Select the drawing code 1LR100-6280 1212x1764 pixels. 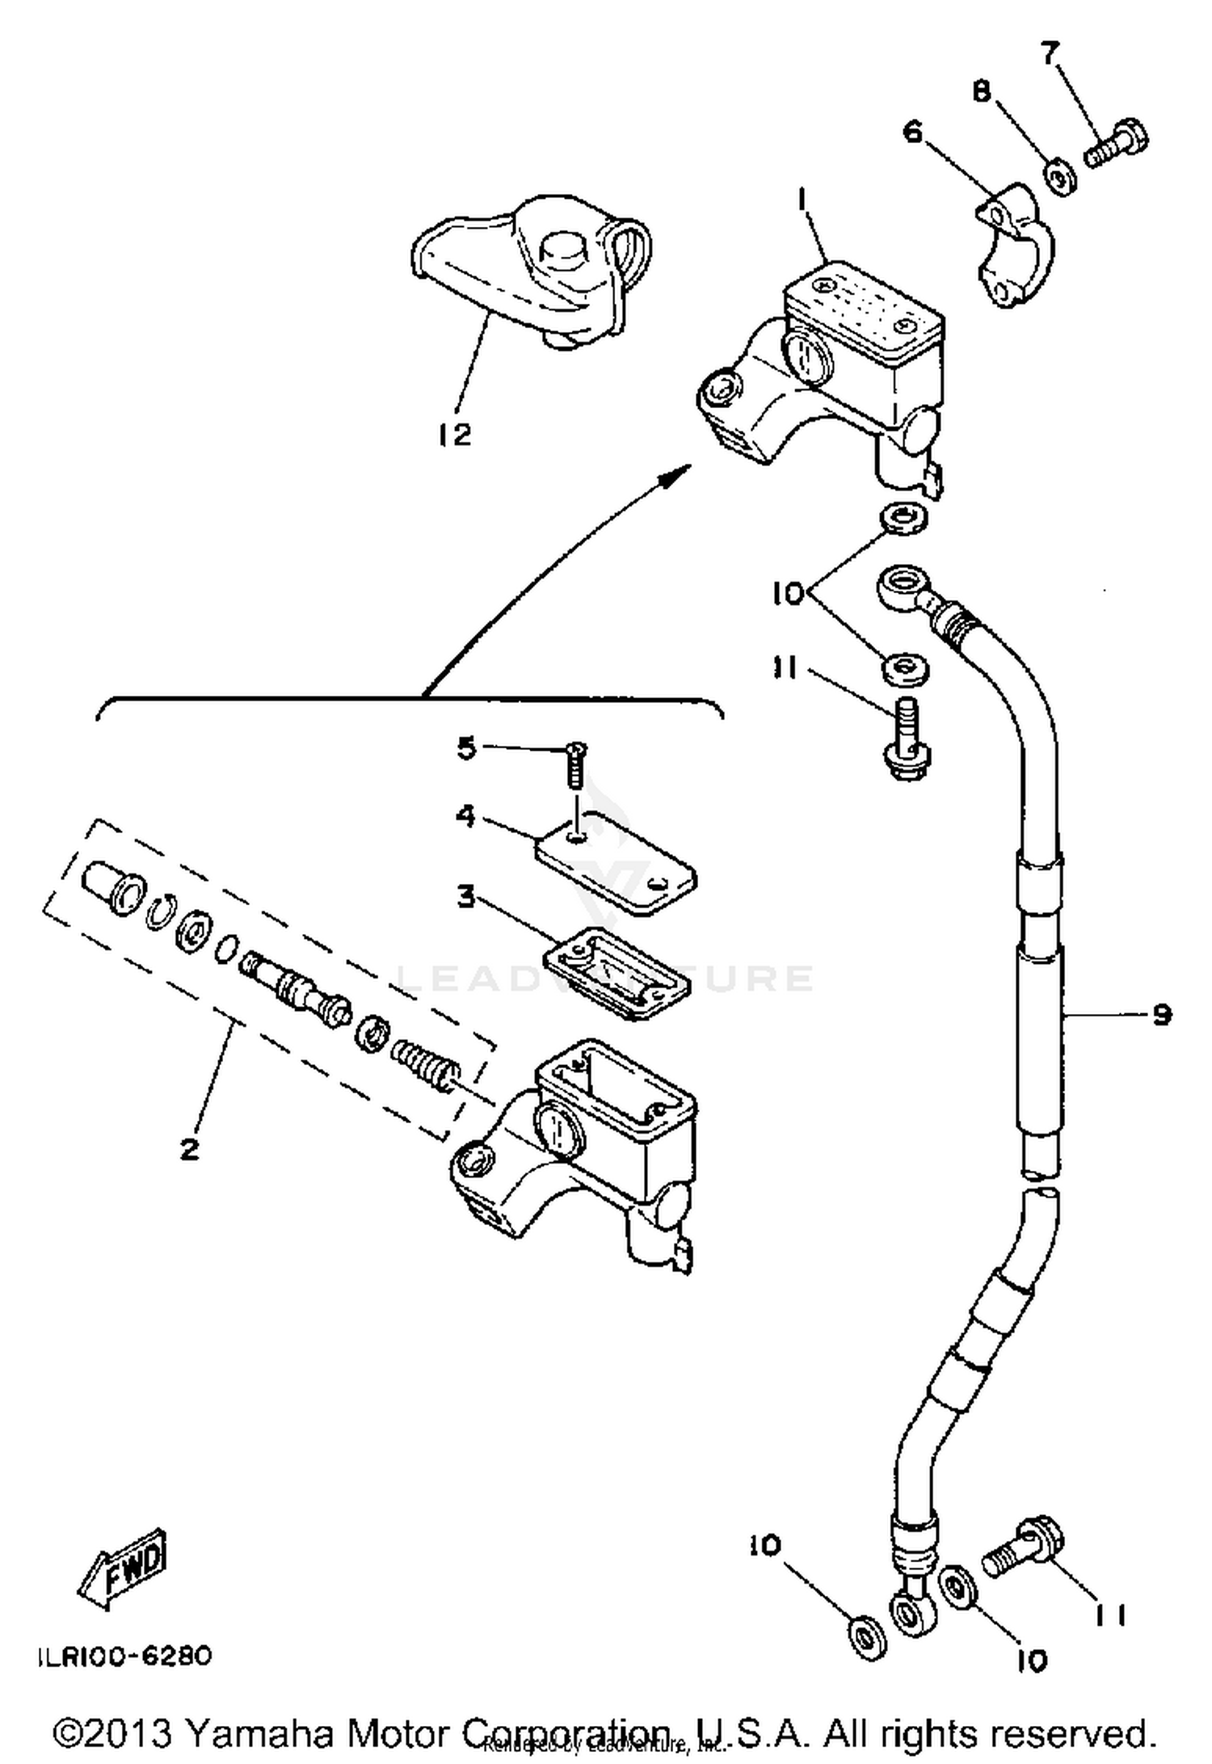125,1657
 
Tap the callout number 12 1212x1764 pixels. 455,436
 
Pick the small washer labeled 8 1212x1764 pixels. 1059,179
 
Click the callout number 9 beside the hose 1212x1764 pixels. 1161,1014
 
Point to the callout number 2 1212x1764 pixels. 189,1149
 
